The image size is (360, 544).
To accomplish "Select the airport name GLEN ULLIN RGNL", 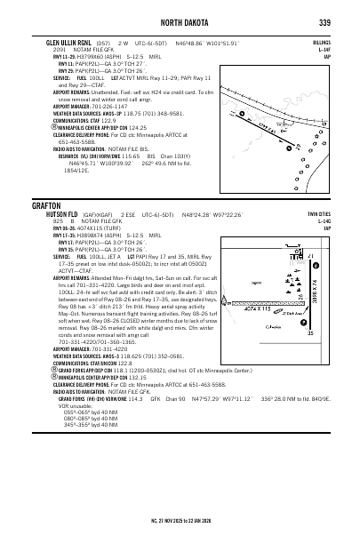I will [63, 41].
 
